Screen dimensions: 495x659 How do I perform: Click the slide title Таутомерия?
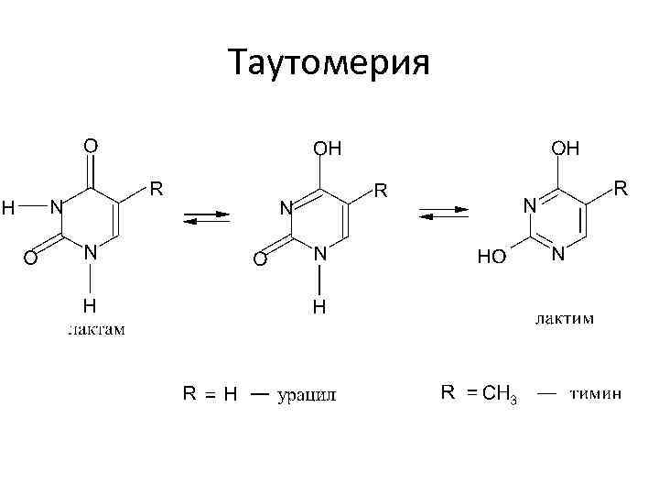[329, 64]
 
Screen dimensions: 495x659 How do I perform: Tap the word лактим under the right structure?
[564, 319]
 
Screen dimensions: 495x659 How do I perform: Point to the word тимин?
[596, 394]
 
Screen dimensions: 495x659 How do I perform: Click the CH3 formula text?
[500, 395]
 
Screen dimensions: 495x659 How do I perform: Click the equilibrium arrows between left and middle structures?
[207, 218]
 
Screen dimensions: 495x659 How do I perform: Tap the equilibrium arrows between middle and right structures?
[444, 214]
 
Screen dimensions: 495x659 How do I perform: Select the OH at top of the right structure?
[564, 148]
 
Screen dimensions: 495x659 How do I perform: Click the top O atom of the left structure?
[91, 145]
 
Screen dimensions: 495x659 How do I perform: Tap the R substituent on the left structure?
[157, 190]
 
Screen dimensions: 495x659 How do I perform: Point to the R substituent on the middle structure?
[380, 192]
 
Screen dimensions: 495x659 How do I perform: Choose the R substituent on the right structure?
[621, 189]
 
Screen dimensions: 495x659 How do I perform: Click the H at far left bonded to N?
[8, 208]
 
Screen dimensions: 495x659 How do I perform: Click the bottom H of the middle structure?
[319, 307]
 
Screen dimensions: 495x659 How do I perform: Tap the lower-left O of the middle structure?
[260, 261]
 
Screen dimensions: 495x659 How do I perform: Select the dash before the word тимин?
[546, 394]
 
